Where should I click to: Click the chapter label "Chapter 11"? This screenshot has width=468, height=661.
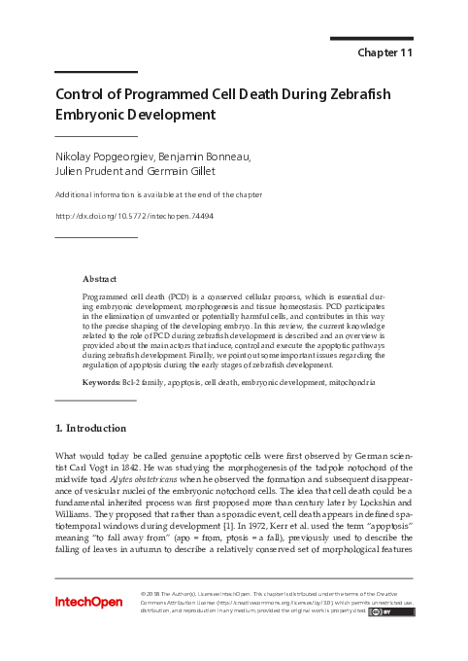385,52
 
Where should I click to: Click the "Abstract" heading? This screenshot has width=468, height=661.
101,277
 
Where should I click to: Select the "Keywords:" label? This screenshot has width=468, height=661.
101,383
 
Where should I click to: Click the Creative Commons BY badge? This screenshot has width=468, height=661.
398,611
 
